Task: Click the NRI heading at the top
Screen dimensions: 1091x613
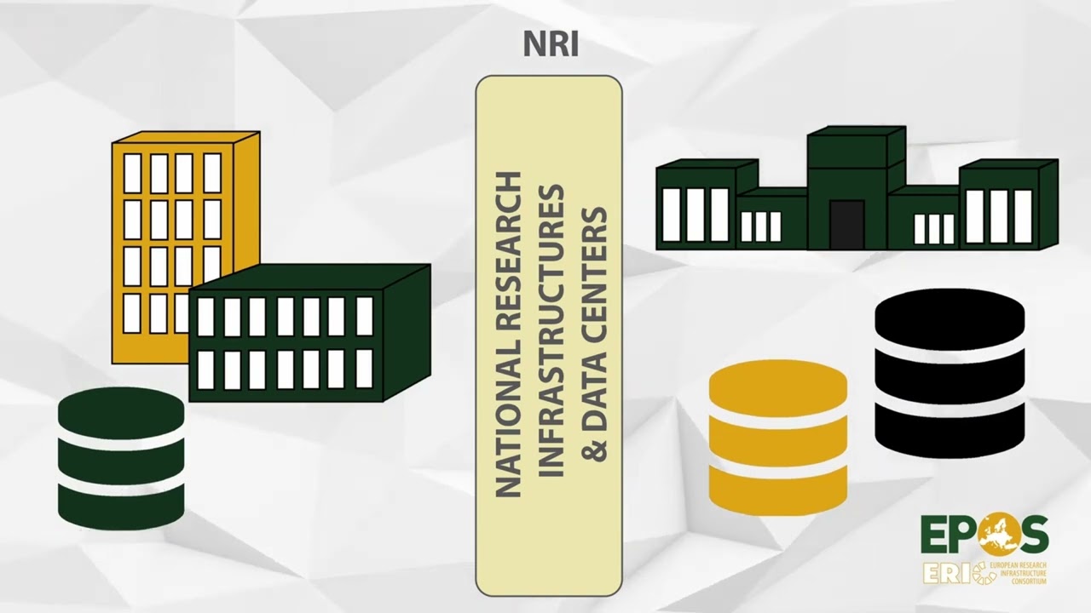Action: click(551, 44)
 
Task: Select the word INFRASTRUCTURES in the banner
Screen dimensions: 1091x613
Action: click(551, 330)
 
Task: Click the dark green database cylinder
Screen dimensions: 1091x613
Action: click(121, 458)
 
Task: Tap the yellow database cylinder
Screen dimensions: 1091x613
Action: click(778, 438)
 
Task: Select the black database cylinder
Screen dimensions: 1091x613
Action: click(950, 374)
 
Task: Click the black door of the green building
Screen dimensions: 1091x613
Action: click(847, 224)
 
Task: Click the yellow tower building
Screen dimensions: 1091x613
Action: click(185, 243)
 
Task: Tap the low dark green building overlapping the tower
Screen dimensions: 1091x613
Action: click(309, 333)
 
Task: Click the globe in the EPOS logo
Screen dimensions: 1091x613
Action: click(996, 534)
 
